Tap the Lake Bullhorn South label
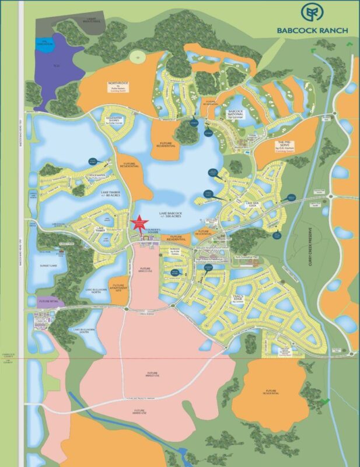point(85,329)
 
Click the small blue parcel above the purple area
point(43,43)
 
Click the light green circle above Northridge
point(137,57)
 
